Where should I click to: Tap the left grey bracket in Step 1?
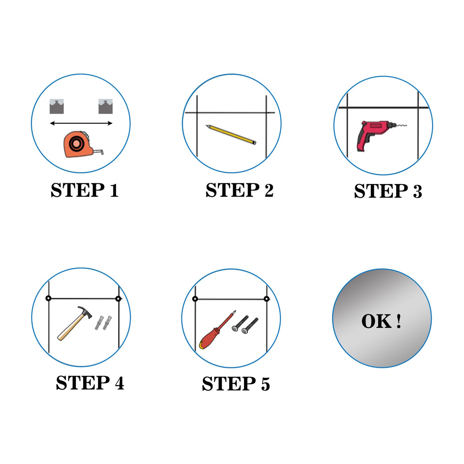coord(57,106)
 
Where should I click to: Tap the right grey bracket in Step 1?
coord(105,106)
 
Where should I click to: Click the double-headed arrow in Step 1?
coord(81,124)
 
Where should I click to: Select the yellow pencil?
coord(231,135)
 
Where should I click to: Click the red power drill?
coord(376,135)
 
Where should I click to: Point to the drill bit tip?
coord(406,126)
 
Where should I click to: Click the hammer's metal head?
coord(84,312)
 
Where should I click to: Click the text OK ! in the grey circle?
coord(381,321)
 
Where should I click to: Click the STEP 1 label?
coord(84,190)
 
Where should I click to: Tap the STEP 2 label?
coord(239,190)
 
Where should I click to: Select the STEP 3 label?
coord(388,191)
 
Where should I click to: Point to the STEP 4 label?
coord(90,383)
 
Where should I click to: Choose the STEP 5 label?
coord(236,384)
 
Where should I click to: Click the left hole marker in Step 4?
coord(48,299)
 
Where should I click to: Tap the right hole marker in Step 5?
coord(267,299)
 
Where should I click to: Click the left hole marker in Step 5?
coord(195,299)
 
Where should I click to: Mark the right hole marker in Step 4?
coord(118,299)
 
